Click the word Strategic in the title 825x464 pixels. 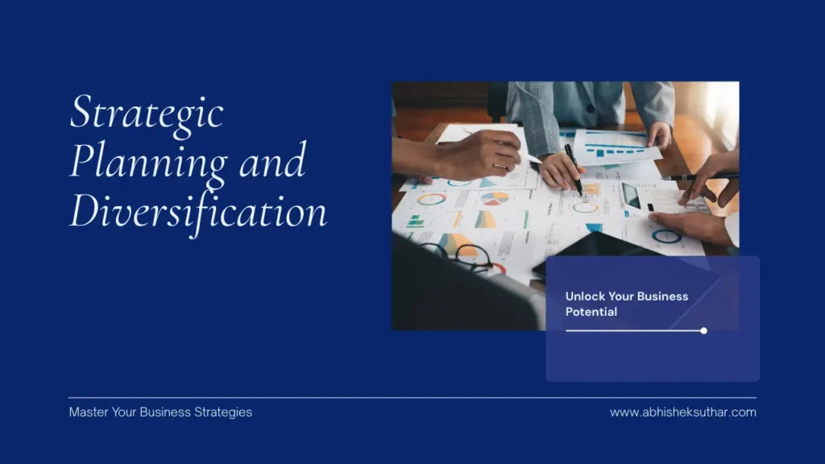[146, 114]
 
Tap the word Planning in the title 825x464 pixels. [147, 161]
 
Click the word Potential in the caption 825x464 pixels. [591, 312]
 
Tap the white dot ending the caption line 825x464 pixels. [703, 330]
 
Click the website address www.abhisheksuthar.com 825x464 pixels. [682, 412]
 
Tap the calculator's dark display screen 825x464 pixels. [632, 195]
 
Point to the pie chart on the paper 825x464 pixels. [494, 197]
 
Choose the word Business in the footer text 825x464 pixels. [165, 412]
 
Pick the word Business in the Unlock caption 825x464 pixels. [662, 296]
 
